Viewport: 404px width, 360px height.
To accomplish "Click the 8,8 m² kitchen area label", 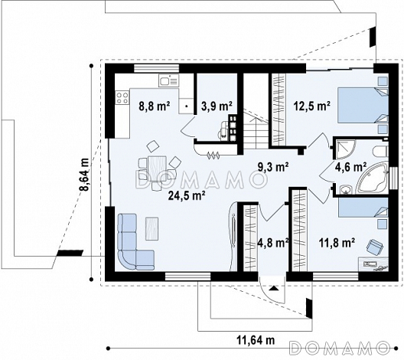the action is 155,106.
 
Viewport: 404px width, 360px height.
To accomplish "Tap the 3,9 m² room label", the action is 217,106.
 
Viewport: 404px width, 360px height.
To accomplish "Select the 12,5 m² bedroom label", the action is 312,106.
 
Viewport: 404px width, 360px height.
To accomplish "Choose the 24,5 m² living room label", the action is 187,195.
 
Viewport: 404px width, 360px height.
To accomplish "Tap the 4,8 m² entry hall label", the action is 273,243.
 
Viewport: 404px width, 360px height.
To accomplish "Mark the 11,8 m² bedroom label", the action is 337,242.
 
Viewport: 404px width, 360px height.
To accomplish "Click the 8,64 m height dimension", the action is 84,174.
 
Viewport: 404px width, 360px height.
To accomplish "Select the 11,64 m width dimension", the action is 256,340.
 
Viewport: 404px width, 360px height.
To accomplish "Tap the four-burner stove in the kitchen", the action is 122,98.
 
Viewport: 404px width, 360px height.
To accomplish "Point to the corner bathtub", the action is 373,178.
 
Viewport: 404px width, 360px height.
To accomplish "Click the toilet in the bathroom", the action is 380,152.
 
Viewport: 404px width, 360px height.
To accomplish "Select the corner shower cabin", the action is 344,149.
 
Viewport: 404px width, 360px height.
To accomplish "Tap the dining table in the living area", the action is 157,169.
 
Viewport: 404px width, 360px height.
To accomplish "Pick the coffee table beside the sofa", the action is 152,229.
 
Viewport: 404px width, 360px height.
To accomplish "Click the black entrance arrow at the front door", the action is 273,288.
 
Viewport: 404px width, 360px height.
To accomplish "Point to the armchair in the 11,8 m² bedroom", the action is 375,247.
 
